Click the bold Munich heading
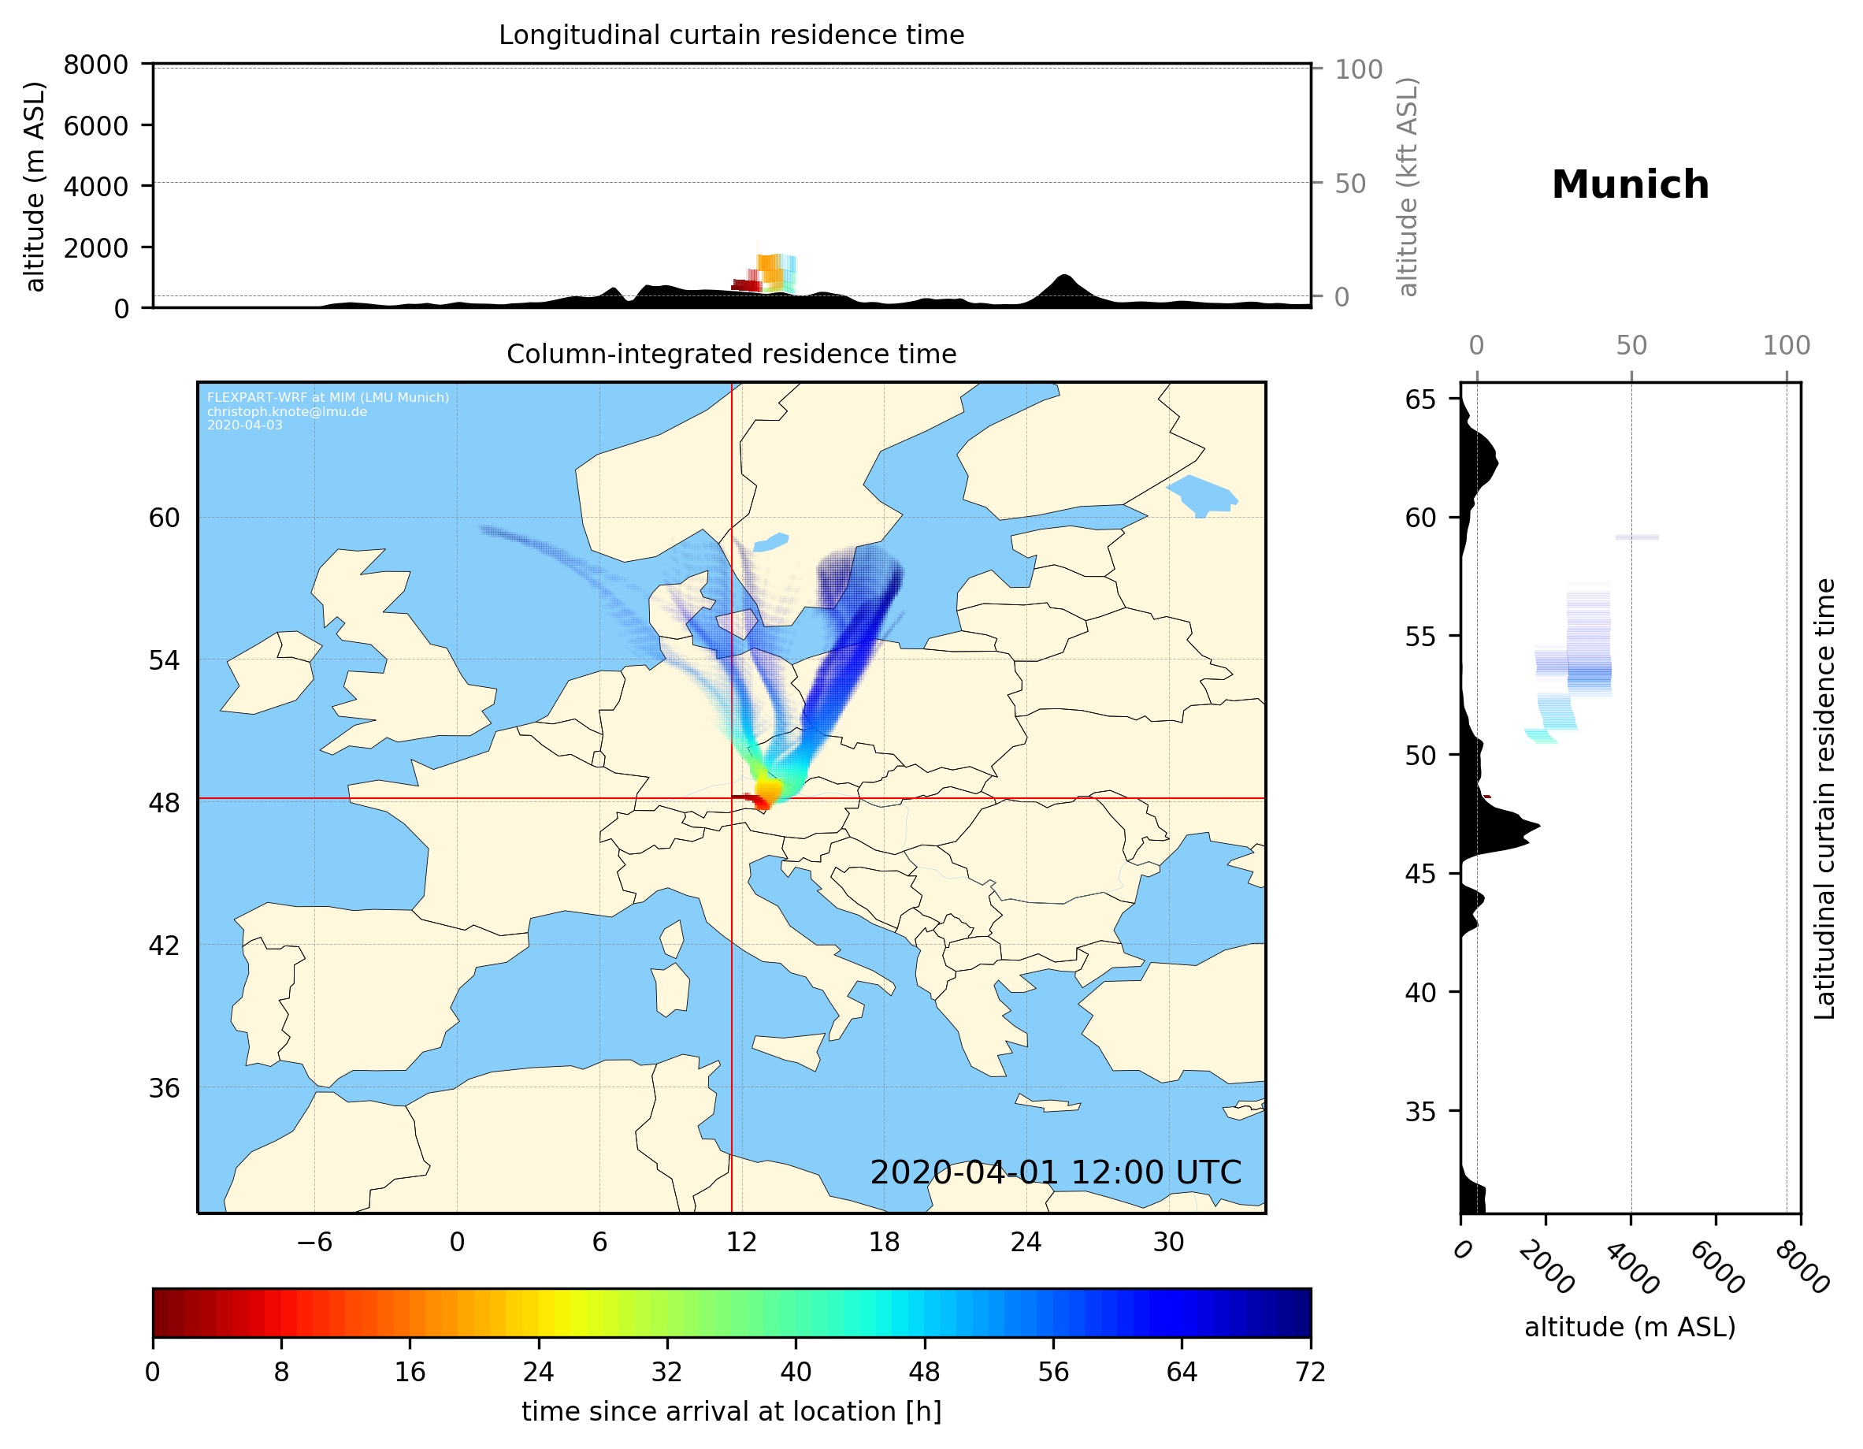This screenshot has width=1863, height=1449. point(1629,185)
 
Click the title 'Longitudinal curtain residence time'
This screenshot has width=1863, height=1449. point(731,35)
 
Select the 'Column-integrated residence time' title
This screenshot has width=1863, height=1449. point(731,354)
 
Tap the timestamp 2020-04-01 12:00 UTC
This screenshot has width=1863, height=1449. point(1056,1172)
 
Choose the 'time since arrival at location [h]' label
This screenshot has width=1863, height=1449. point(731,1411)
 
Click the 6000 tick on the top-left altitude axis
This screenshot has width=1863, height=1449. point(95,125)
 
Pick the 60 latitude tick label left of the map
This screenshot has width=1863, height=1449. point(165,518)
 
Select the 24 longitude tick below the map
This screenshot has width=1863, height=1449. point(1026,1242)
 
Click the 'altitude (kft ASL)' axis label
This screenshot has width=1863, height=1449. point(1408,187)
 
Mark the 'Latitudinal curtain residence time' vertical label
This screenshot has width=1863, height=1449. point(1824,799)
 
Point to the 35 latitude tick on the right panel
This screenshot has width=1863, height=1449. point(1420,1111)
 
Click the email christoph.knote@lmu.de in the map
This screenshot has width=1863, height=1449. point(287,411)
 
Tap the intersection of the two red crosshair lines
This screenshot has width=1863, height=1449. point(732,799)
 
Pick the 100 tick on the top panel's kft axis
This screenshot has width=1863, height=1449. point(1358,69)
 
